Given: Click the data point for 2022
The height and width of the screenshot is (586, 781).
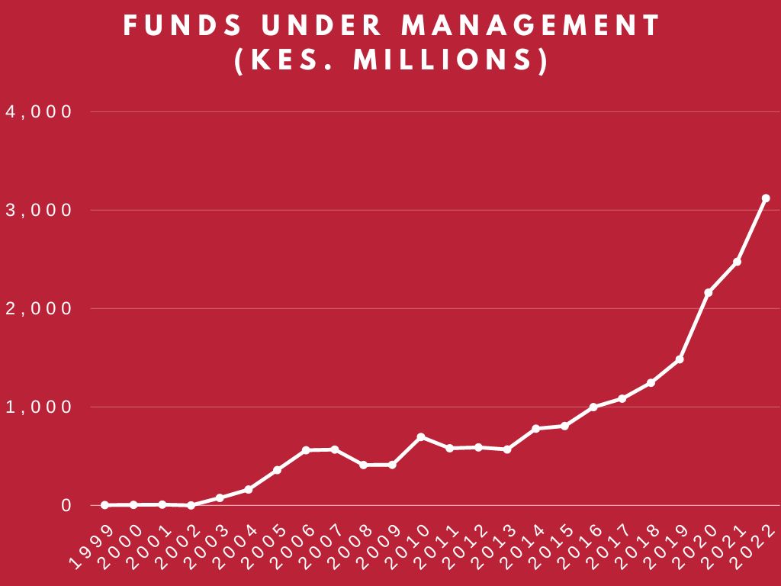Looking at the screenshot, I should (x=766, y=198).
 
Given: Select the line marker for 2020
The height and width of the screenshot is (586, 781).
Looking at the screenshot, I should (x=709, y=292).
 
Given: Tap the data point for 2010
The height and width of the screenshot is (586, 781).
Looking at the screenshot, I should (x=421, y=436).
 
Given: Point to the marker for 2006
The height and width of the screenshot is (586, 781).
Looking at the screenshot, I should (x=306, y=450).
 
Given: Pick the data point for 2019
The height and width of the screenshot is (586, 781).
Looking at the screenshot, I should (x=680, y=359).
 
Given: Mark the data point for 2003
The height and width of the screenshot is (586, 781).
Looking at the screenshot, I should (x=220, y=497).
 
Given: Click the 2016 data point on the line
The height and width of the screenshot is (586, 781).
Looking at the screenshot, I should (x=593, y=407).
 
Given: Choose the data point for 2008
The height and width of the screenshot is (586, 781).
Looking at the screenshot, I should (x=363, y=465).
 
